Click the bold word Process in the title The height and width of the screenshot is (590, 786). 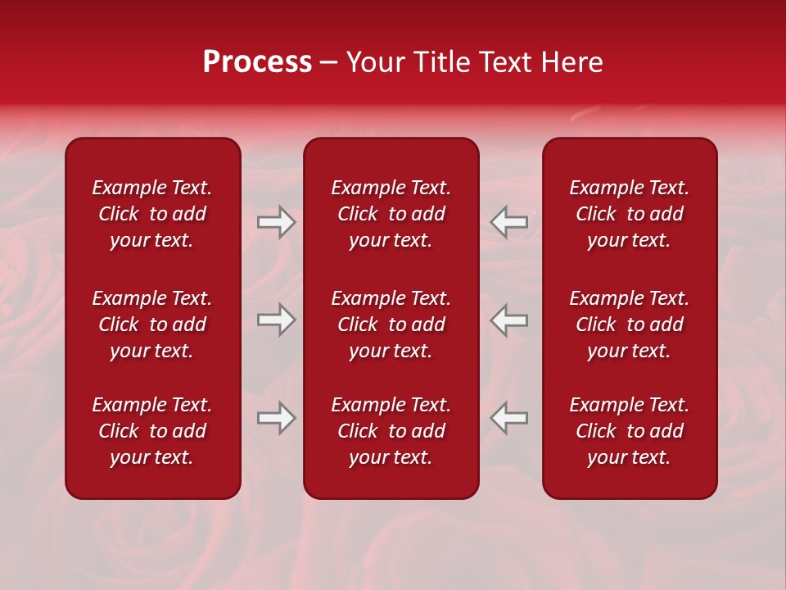tap(257, 62)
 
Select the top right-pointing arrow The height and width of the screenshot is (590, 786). tap(276, 222)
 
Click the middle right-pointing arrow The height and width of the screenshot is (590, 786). tap(276, 320)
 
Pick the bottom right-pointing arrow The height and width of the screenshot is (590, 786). tap(276, 418)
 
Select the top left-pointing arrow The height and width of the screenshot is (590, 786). tap(508, 222)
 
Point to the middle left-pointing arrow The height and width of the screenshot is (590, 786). tap(508, 320)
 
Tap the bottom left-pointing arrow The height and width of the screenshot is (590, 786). tap(508, 418)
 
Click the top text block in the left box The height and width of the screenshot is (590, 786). tap(152, 214)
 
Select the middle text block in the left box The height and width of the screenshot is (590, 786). tap(152, 324)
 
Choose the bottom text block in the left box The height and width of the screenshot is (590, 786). tap(152, 431)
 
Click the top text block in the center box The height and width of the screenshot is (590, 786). tap(391, 214)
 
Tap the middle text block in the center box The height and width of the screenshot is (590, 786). tap(391, 324)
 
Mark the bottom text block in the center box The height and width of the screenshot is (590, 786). tap(391, 431)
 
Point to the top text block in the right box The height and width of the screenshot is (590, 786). tap(630, 214)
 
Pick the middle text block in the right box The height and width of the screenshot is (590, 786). tap(630, 324)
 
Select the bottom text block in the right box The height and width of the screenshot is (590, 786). tap(630, 431)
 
